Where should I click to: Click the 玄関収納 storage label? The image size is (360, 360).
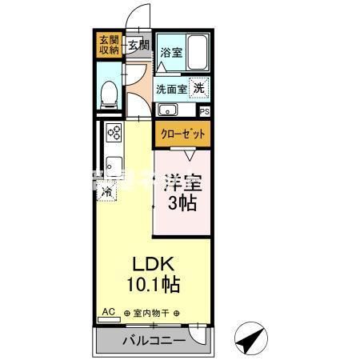click(109, 45)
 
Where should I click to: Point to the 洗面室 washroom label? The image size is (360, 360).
click(171, 89)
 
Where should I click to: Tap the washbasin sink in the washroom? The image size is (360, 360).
click(169, 110)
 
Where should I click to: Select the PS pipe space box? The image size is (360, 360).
click(205, 111)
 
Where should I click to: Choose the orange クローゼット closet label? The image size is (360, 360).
click(182, 134)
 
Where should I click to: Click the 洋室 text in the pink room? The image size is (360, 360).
click(182, 182)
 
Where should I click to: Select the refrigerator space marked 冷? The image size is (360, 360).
click(106, 192)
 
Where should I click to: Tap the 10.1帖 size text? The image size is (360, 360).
click(152, 283)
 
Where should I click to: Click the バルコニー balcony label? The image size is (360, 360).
click(154, 342)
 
